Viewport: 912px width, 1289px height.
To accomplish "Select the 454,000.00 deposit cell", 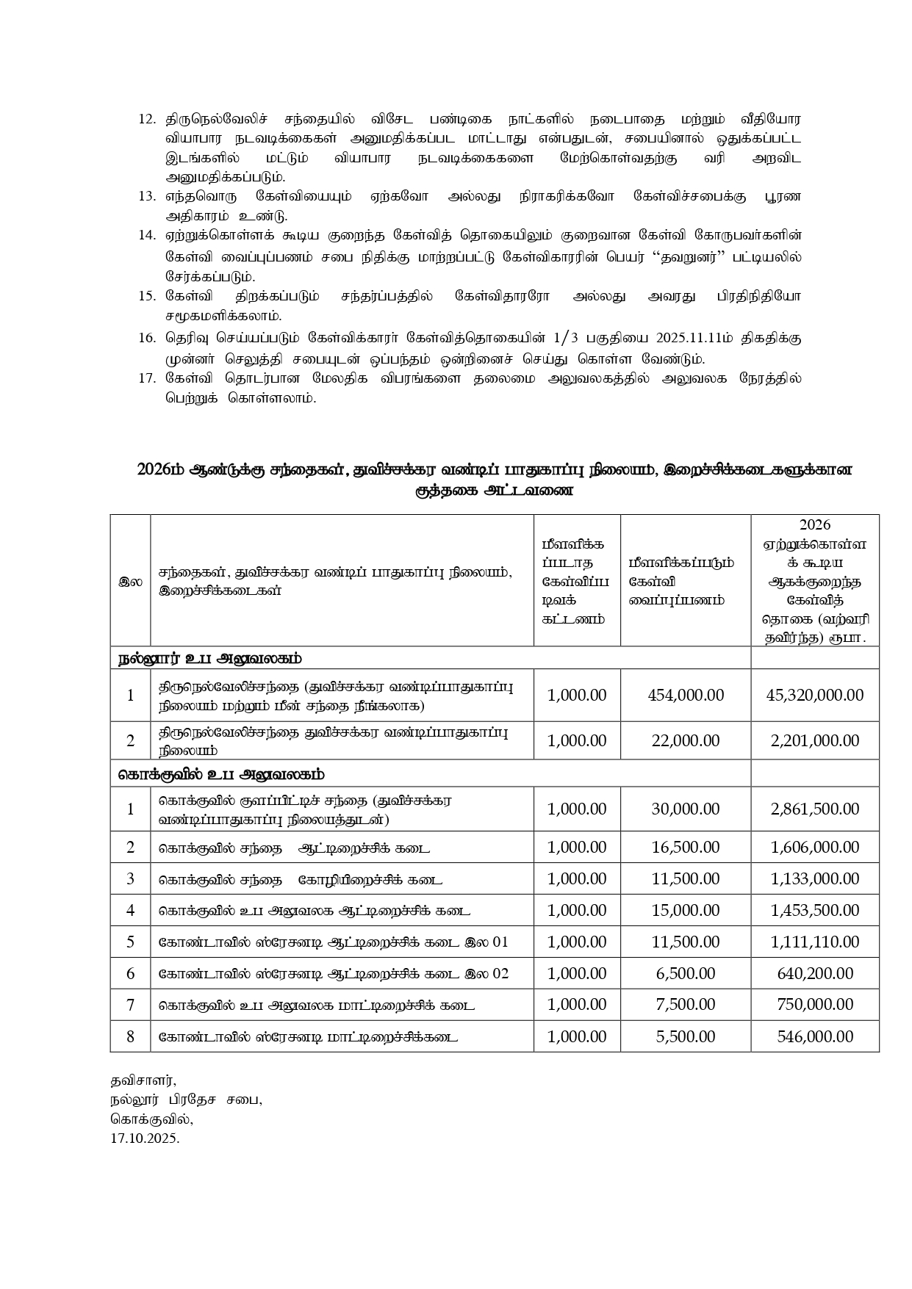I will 686,695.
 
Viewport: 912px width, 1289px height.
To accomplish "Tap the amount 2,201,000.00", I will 814,740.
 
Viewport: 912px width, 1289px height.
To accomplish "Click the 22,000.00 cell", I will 686,740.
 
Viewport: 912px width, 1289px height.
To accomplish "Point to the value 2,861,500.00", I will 814,809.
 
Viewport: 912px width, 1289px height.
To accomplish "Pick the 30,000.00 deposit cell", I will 686,809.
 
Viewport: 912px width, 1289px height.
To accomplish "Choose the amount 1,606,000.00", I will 814,847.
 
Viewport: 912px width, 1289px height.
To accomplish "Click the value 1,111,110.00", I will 814,942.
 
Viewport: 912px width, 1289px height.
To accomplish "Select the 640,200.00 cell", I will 814,973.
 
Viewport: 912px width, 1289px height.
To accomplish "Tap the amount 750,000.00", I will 814,1004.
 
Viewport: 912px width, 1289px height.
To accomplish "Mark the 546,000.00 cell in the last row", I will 814,1036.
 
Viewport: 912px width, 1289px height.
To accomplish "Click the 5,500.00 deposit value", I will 686,1036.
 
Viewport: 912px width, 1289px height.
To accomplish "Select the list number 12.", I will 147,119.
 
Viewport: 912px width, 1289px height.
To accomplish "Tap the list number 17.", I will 147,378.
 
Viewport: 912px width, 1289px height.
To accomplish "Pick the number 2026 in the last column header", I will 814,524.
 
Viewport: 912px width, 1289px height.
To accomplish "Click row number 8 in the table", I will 131,1036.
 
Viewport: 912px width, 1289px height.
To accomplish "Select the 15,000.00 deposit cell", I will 686,910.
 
